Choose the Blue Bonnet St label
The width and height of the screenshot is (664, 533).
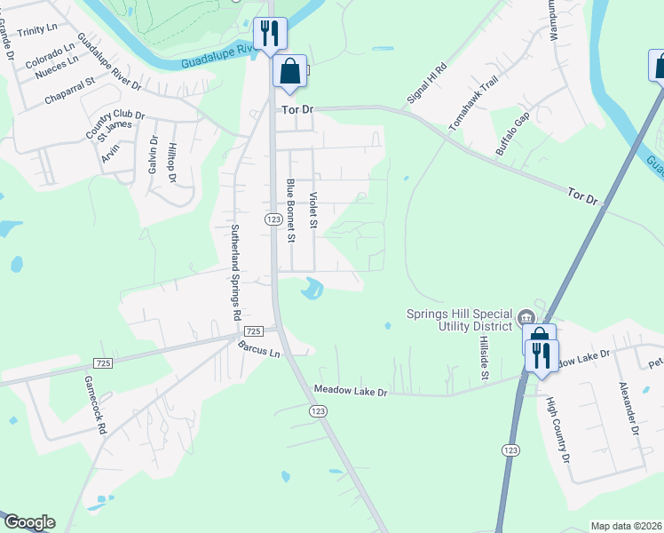pyautogui.click(x=289, y=210)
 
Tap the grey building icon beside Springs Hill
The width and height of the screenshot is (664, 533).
pyautogui.click(x=526, y=316)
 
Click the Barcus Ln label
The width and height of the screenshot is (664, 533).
pyautogui.click(x=258, y=352)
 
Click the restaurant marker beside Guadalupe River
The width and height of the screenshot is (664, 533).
pyautogui.click(x=269, y=35)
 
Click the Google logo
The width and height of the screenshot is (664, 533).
pyautogui.click(x=28, y=522)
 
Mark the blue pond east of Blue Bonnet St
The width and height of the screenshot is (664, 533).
pyautogui.click(x=312, y=288)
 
